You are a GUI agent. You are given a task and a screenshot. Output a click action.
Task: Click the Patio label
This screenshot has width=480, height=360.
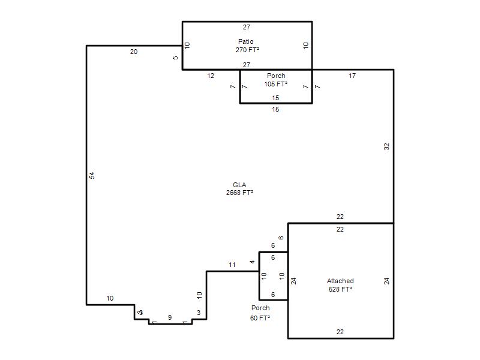(x=246, y=41)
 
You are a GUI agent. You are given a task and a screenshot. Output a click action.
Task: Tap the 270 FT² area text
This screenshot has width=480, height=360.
(x=247, y=50)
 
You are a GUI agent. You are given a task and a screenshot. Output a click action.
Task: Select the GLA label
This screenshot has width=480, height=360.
(x=239, y=185)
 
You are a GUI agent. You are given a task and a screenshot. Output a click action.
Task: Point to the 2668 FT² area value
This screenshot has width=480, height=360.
(x=239, y=193)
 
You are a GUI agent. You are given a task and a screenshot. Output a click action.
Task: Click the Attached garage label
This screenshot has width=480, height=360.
(x=340, y=281)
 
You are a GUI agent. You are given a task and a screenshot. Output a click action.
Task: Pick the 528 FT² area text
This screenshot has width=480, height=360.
(x=340, y=289)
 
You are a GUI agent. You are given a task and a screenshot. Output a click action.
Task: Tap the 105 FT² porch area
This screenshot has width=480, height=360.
(x=276, y=84)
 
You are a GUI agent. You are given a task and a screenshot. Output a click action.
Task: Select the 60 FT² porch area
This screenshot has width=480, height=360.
(x=260, y=318)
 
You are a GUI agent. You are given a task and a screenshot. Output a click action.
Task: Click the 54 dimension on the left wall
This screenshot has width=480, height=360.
(x=92, y=175)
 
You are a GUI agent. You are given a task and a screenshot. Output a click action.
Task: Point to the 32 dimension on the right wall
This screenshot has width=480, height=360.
(x=386, y=146)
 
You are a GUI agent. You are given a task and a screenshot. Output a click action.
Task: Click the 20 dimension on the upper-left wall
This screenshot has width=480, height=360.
(x=134, y=52)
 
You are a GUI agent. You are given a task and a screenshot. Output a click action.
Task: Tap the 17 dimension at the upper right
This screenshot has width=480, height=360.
(x=352, y=76)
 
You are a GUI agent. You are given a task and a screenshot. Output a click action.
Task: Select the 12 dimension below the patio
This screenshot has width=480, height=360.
(x=211, y=76)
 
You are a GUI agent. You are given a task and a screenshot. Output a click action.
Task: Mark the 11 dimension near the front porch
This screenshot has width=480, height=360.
(x=232, y=265)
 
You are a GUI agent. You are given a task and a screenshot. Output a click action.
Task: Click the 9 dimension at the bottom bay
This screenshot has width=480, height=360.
(x=170, y=317)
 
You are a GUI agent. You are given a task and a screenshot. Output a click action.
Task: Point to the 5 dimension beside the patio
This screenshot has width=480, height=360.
(x=175, y=58)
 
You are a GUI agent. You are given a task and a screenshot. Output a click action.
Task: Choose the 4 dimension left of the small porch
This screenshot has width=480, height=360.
(x=252, y=262)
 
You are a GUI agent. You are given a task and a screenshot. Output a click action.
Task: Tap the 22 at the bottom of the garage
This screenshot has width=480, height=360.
(x=340, y=332)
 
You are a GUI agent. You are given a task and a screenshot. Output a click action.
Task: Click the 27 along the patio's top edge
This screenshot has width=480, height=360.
(x=247, y=27)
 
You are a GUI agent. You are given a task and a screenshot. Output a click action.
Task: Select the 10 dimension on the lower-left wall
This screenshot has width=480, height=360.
(x=110, y=298)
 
